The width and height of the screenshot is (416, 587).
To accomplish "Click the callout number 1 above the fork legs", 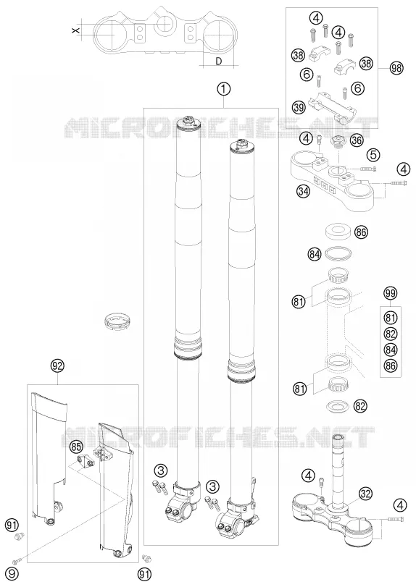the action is [224, 89].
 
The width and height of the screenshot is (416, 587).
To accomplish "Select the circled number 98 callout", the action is [396, 69].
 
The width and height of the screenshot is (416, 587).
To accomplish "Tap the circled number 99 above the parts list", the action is [391, 294].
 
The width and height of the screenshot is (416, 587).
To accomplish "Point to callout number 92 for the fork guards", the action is [57, 366].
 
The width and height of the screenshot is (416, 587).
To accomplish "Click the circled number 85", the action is [76, 447].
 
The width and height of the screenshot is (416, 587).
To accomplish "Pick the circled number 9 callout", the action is [12, 573].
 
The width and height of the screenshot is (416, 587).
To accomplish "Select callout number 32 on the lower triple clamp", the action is [365, 494].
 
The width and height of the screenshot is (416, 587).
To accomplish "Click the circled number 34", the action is [304, 191].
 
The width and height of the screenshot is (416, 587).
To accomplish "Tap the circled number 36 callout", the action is [357, 140].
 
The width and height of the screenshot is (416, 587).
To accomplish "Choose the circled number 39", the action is [299, 108].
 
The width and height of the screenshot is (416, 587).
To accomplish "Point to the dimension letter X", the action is [75, 30].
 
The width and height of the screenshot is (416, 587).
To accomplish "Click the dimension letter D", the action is [218, 61].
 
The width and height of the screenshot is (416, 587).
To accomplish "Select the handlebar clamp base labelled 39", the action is [331, 108].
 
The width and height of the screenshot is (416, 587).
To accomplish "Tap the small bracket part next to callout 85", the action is [86, 460].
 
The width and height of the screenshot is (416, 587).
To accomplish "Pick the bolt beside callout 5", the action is [368, 169].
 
